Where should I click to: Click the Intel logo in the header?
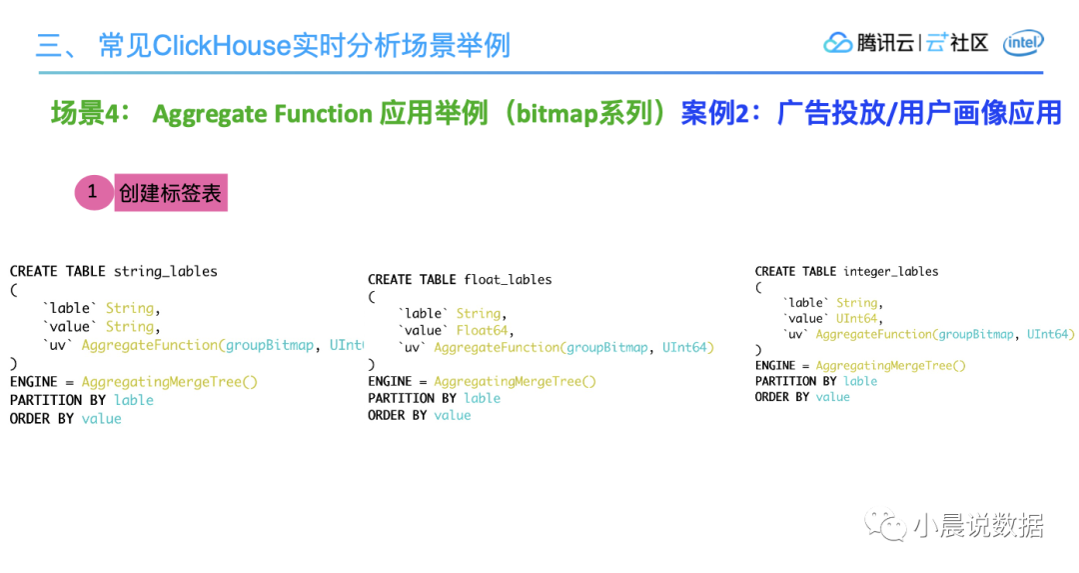pos(1023,43)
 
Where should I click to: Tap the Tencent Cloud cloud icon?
pos(837,43)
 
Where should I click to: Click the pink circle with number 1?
pos(94,192)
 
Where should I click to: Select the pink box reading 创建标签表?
pos(171,193)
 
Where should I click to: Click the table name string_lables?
pos(165,271)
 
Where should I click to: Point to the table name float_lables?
pos(508,280)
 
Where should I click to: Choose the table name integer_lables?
pos(890,271)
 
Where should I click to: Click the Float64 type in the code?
pos(482,331)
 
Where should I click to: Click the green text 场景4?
pos(90,113)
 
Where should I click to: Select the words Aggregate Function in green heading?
pos(262,114)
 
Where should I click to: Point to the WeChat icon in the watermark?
pos(886,526)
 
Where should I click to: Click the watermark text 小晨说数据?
pos(978,526)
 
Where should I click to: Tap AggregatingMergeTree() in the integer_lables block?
pos(890,366)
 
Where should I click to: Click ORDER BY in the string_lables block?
pos(41,419)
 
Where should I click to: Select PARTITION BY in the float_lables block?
pos(412,398)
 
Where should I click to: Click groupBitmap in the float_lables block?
pos(607,348)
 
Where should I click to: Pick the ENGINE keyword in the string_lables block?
pos(34,382)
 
